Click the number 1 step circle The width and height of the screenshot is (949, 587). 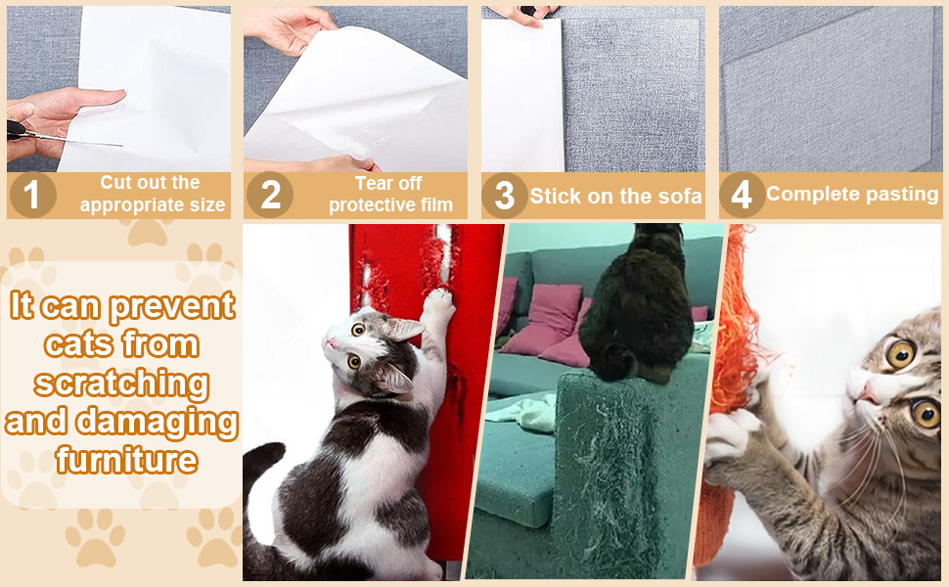click(x=32, y=196)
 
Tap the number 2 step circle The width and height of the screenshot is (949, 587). click(x=270, y=196)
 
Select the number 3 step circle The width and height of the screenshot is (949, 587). click(x=505, y=196)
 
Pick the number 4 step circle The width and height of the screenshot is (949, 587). click(x=742, y=196)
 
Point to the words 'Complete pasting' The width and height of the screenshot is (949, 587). click(x=851, y=194)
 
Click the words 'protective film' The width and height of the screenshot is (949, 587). click(x=390, y=204)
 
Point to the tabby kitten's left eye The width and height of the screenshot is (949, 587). click(x=900, y=353)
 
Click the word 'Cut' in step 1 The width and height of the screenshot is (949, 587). click(x=114, y=183)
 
